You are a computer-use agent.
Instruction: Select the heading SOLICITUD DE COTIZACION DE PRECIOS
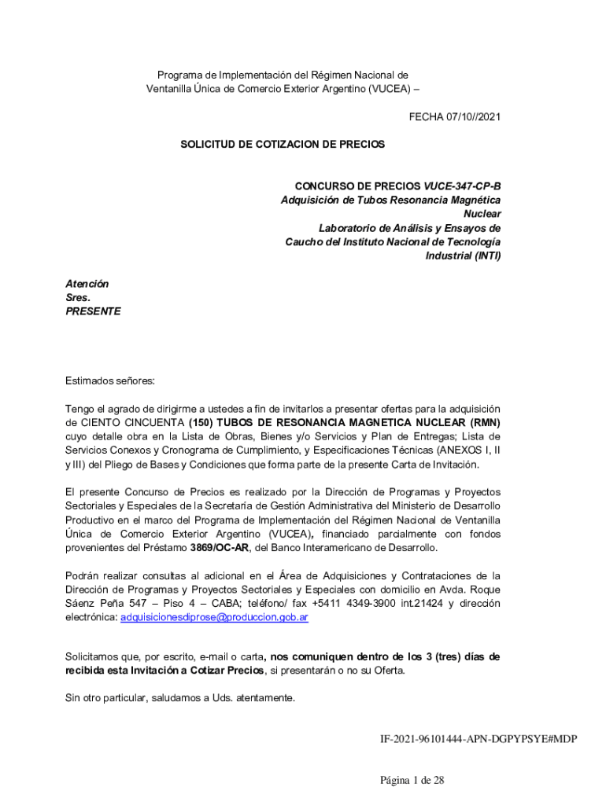click(x=283, y=145)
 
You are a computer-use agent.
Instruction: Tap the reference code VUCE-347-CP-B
click(x=462, y=186)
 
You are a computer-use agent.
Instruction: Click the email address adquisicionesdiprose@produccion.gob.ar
click(x=214, y=617)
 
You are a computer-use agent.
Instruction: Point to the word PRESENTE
click(x=93, y=311)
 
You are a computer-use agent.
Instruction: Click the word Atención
click(x=87, y=283)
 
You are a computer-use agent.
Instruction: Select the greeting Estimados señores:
click(x=110, y=381)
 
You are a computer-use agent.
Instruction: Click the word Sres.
click(x=79, y=297)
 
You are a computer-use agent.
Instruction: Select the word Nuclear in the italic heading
click(x=482, y=214)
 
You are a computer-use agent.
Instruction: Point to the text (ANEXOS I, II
click(x=467, y=450)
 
